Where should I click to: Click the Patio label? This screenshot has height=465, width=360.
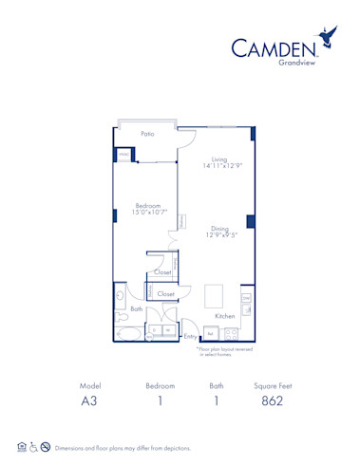pos(147,135)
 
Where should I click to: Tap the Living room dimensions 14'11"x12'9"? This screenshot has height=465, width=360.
pos(219,167)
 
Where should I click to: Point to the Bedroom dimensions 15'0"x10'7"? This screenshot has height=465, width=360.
pos(147,213)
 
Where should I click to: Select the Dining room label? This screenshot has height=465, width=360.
pos(219,228)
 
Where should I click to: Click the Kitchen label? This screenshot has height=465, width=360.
pos(224,315)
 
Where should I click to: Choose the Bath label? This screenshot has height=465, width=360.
pos(137,308)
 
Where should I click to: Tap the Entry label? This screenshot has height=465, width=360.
pos(190,336)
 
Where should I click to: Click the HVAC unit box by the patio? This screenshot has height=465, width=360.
pos(123,155)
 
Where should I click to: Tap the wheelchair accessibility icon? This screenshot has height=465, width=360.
pos(32,447)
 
